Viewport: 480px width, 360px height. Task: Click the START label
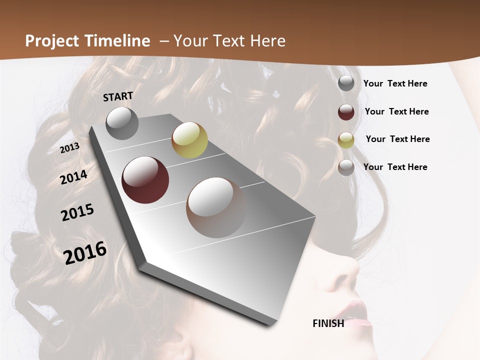tap(118, 96)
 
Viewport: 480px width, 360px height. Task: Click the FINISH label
tap(328, 323)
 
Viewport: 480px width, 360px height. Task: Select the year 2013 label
tap(70, 148)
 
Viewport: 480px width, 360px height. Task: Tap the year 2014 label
tap(74, 177)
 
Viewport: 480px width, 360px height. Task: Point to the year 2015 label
tap(77, 212)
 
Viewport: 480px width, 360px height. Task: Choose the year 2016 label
tap(85, 252)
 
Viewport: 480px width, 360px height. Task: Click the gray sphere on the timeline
tap(122, 123)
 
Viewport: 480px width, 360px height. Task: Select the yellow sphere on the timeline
tap(189, 140)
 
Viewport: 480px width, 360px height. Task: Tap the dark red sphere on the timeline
tap(145, 180)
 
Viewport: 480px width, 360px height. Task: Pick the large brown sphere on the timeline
tap(216, 207)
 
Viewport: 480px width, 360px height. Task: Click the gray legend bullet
tap(346, 83)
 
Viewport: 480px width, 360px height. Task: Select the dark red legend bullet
tap(346, 112)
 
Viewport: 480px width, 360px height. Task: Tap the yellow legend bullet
tap(346, 140)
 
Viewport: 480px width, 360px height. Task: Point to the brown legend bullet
tap(346, 167)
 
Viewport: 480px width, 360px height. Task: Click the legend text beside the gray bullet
tap(395, 83)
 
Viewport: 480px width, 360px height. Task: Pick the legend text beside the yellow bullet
tap(397, 139)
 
